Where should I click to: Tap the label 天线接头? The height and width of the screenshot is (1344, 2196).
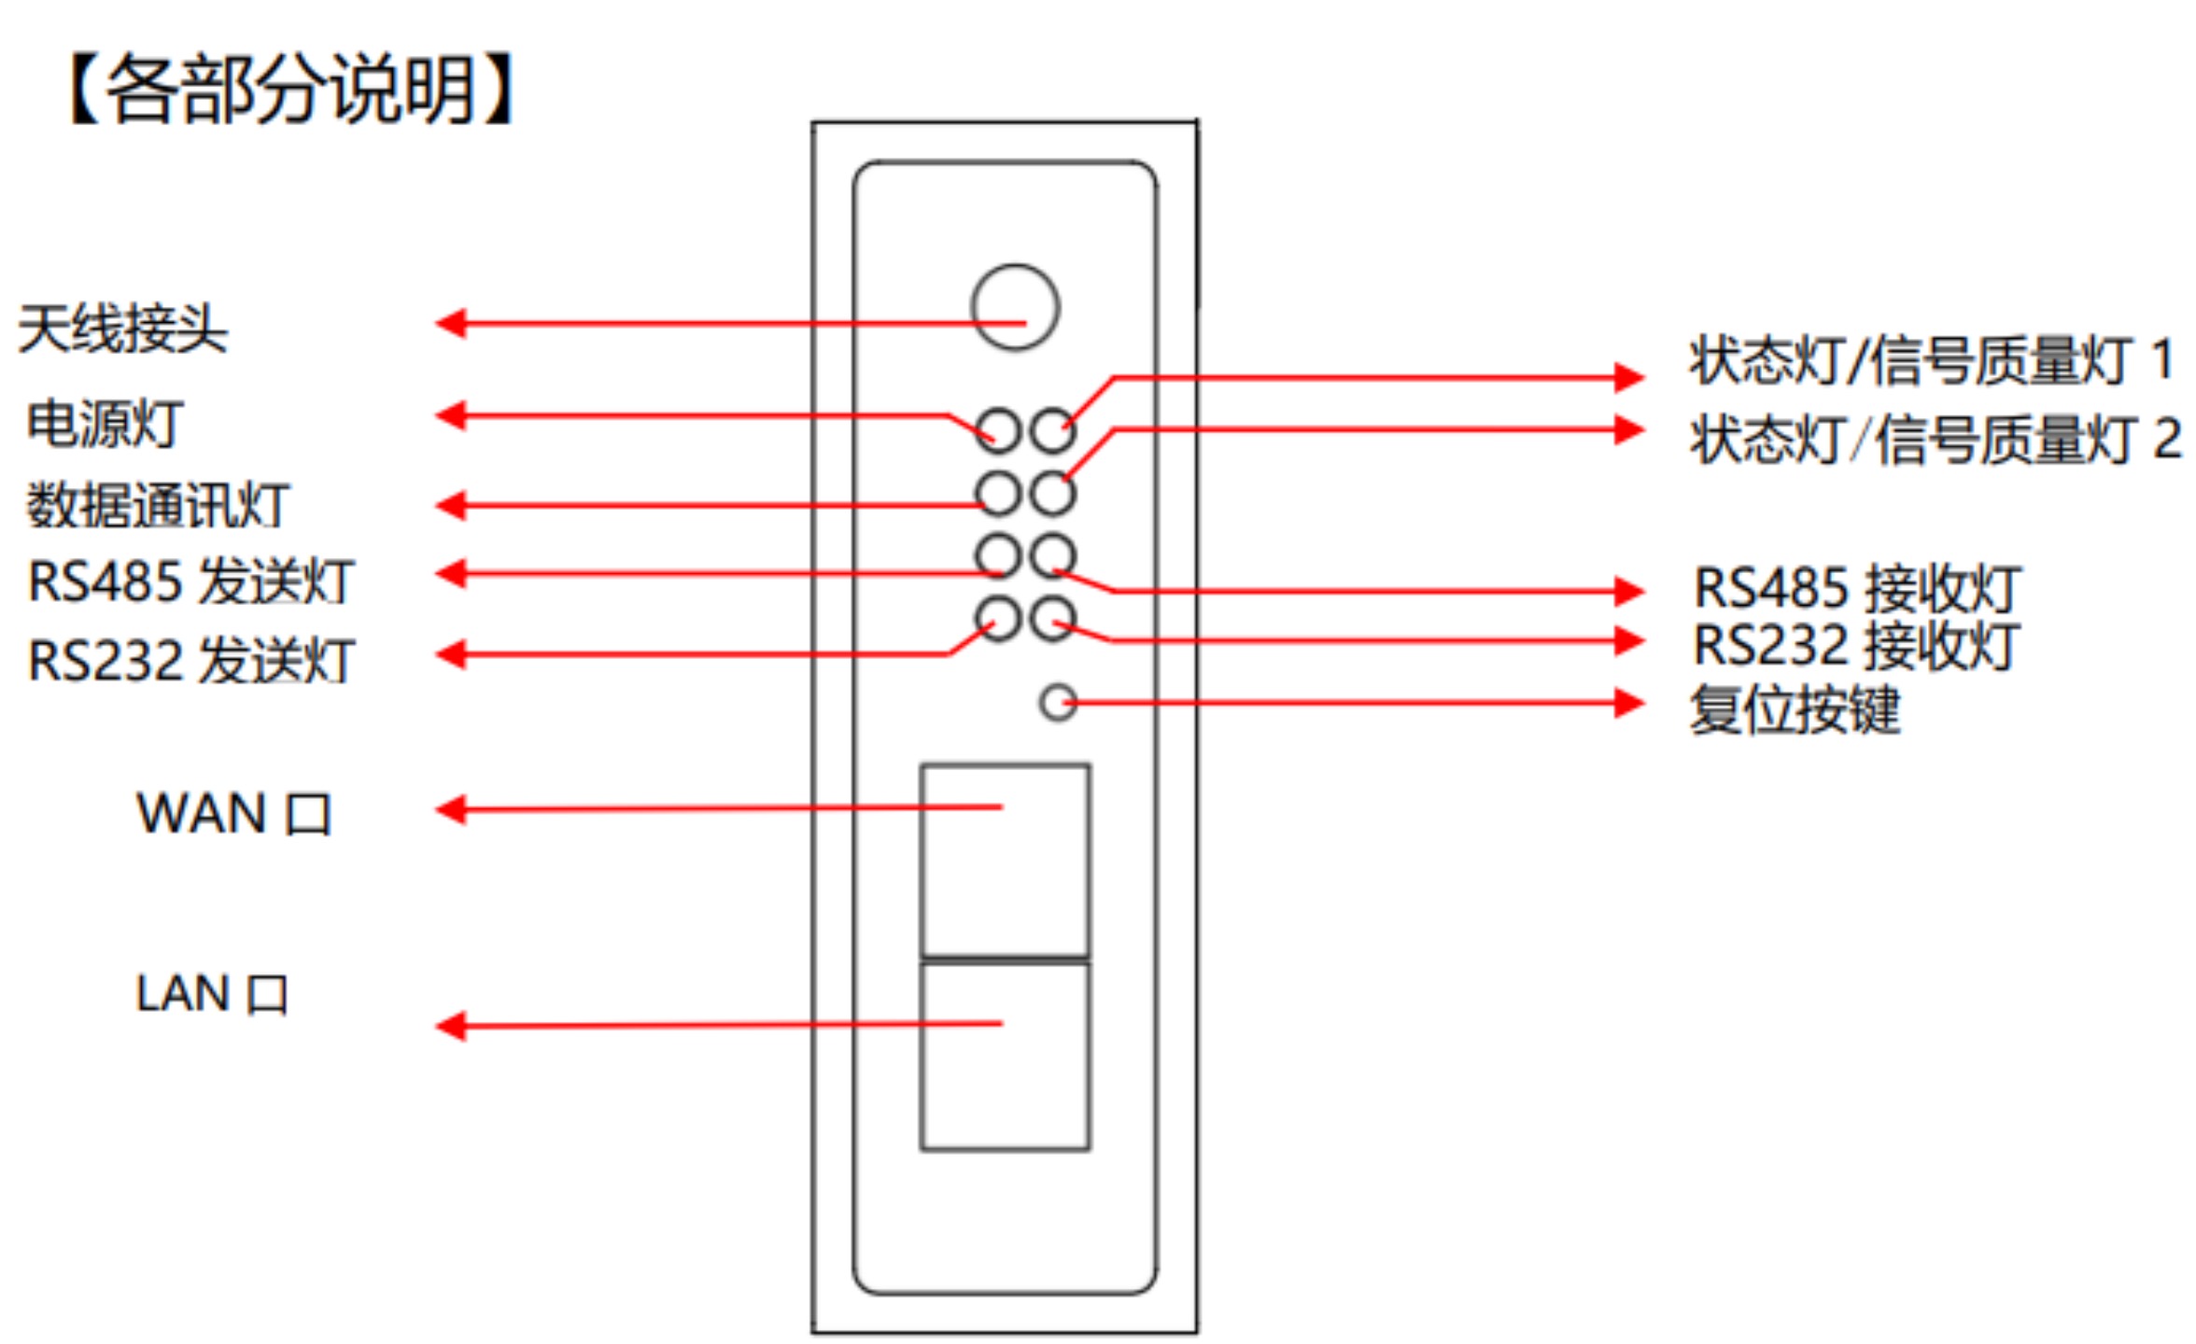[122, 329]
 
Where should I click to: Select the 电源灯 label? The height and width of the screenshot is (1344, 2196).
[105, 424]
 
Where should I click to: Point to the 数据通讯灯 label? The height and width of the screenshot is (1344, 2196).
[158, 505]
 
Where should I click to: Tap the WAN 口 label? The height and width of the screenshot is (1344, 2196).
[233, 813]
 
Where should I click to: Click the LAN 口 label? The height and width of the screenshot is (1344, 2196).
[212, 993]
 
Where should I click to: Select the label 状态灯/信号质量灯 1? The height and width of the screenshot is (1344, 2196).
[1931, 360]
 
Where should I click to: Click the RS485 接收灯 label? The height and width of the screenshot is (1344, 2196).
[1857, 588]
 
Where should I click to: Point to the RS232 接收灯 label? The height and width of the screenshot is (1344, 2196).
[1857, 646]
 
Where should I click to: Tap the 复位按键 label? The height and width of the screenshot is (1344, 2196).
[1795, 709]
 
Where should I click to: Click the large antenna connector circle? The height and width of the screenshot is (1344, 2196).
[1015, 307]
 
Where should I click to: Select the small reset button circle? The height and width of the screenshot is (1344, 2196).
[1058, 703]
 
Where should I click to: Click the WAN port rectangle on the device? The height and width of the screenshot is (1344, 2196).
[1005, 859]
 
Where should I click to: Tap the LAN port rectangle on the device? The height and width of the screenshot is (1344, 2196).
[1005, 1056]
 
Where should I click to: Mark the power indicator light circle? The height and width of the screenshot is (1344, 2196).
[997, 431]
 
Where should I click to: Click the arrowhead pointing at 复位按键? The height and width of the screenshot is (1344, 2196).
[1629, 703]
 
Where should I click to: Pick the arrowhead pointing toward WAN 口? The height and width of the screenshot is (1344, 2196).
[452, 809]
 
